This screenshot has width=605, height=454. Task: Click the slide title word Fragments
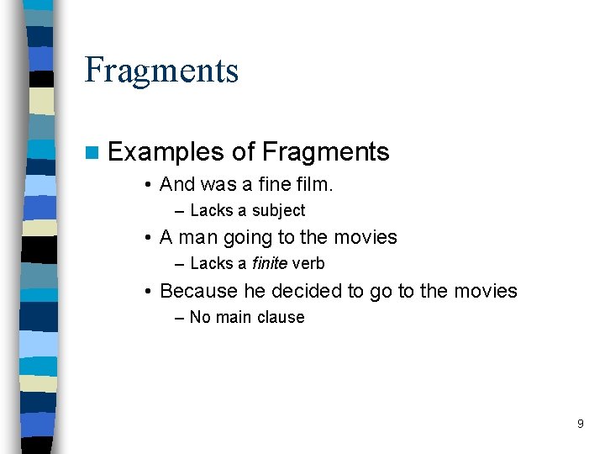161,71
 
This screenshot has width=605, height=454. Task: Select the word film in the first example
313,184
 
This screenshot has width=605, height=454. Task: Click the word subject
276,211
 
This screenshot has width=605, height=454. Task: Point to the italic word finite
269,264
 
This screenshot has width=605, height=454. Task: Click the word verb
308,264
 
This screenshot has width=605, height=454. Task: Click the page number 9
580,424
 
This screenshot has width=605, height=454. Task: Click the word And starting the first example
177,184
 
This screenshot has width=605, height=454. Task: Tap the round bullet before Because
147,292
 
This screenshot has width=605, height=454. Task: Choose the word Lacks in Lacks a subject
212,211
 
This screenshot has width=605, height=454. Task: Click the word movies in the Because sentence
485,292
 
